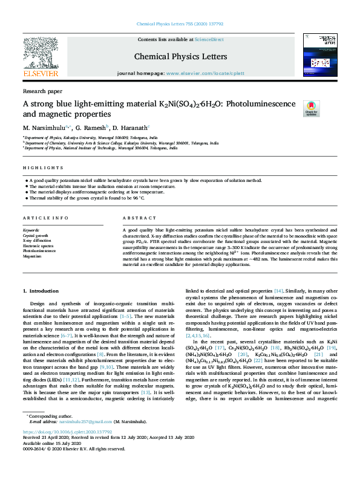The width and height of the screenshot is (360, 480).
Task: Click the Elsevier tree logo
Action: (x=41, y=56)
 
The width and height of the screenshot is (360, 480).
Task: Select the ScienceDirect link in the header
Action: (x=209, y=39)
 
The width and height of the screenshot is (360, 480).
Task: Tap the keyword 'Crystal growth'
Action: (x=36, y=235)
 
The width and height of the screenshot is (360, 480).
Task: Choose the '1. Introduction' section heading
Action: (x=41, y=291)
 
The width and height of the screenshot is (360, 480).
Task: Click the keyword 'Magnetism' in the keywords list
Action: (x=32, y=256)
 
